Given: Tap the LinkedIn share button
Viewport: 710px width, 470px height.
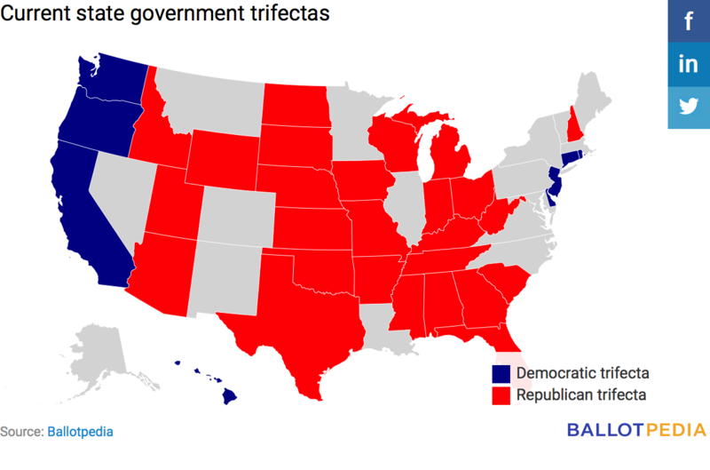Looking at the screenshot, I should point(689,64).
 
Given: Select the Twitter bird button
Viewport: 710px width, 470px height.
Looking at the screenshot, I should point(689,107).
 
